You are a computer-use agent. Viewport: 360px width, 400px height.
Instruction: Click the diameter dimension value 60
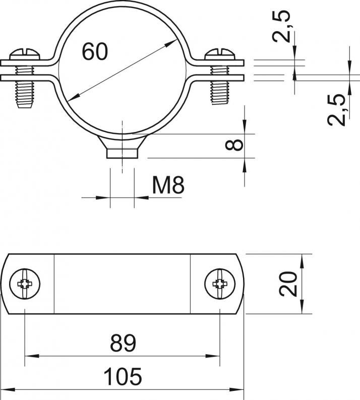95,52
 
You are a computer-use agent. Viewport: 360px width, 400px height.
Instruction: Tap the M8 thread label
168,185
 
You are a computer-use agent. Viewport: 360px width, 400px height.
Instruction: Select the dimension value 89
123,344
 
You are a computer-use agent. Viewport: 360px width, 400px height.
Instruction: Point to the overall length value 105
123,376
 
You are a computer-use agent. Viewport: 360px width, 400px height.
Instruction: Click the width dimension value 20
288,284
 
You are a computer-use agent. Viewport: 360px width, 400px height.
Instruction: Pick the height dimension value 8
234,145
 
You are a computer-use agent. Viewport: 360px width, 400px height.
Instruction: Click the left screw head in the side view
25,54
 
